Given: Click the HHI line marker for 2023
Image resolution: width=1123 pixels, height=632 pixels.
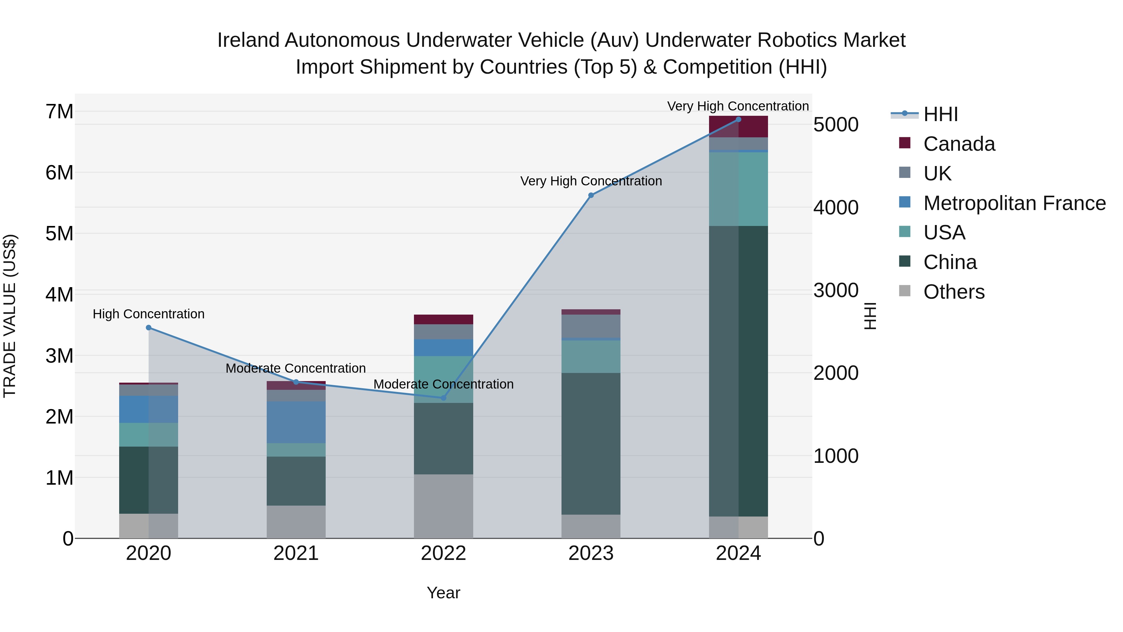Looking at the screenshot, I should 591,195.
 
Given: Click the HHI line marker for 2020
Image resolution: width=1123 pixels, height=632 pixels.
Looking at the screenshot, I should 149,328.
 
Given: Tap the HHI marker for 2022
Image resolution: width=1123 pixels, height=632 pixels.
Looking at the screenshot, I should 443,398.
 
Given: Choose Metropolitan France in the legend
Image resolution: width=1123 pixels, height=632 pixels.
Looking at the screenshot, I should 1014,203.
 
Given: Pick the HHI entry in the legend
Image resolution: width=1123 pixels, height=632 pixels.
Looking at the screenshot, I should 940,114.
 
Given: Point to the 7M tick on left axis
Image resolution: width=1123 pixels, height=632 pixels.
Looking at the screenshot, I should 59,112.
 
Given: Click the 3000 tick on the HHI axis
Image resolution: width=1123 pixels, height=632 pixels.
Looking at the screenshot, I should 836,291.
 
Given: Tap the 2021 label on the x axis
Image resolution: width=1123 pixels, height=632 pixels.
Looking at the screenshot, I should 296,553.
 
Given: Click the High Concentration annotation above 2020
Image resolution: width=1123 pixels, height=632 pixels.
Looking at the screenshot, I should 149,314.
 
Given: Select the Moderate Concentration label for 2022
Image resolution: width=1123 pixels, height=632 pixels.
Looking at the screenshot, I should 443,384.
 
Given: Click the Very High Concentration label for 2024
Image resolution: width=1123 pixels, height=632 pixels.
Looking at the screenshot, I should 738,106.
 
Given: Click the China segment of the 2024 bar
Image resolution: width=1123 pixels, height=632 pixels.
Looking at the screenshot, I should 738,371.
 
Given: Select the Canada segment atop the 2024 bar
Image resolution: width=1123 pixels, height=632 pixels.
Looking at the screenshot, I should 738,126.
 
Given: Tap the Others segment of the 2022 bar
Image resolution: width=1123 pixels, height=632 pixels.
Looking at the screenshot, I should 443,506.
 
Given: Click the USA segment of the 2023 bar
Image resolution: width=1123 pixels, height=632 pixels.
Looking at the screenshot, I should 591,356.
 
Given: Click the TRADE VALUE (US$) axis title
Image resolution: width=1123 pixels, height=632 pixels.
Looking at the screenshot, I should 10,316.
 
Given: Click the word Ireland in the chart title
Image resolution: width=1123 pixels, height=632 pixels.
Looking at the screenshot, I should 248,40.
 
